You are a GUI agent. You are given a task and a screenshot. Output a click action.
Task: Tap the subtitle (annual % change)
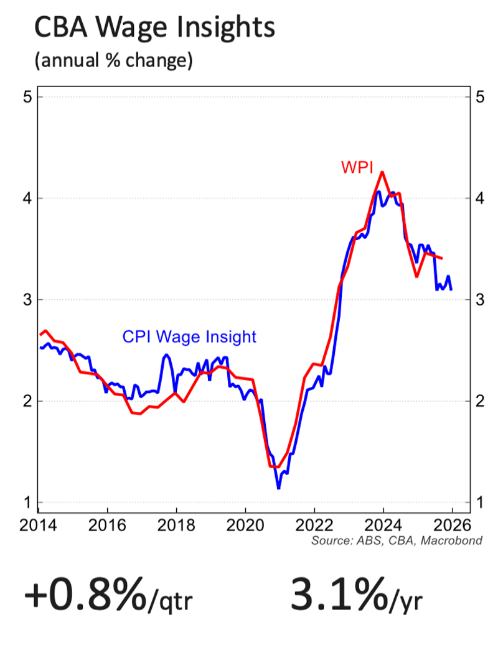pos(113,61)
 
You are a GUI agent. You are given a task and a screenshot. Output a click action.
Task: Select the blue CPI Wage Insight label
pos(189,337)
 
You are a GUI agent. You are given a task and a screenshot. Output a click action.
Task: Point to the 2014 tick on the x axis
pos(38,524)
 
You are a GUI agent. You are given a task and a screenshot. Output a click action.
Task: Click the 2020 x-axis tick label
pos(245,524)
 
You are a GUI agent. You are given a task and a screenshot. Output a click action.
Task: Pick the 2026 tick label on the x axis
pos(453,524)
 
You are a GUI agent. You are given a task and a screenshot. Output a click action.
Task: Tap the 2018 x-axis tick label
pos(176,524)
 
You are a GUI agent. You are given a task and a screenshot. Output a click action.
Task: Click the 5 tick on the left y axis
pos(26,97)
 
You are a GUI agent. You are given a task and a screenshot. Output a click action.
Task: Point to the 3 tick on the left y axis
pos(26,300)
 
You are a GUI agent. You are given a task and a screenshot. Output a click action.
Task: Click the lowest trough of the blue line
pos(278,488)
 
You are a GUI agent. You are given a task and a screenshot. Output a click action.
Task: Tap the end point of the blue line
pos(451,289)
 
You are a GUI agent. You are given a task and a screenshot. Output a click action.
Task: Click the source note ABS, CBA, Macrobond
pos(397,540)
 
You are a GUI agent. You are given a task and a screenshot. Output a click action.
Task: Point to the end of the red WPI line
pos(442,258)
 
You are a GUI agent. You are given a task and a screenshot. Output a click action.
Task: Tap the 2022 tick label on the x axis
pos(314,524)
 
